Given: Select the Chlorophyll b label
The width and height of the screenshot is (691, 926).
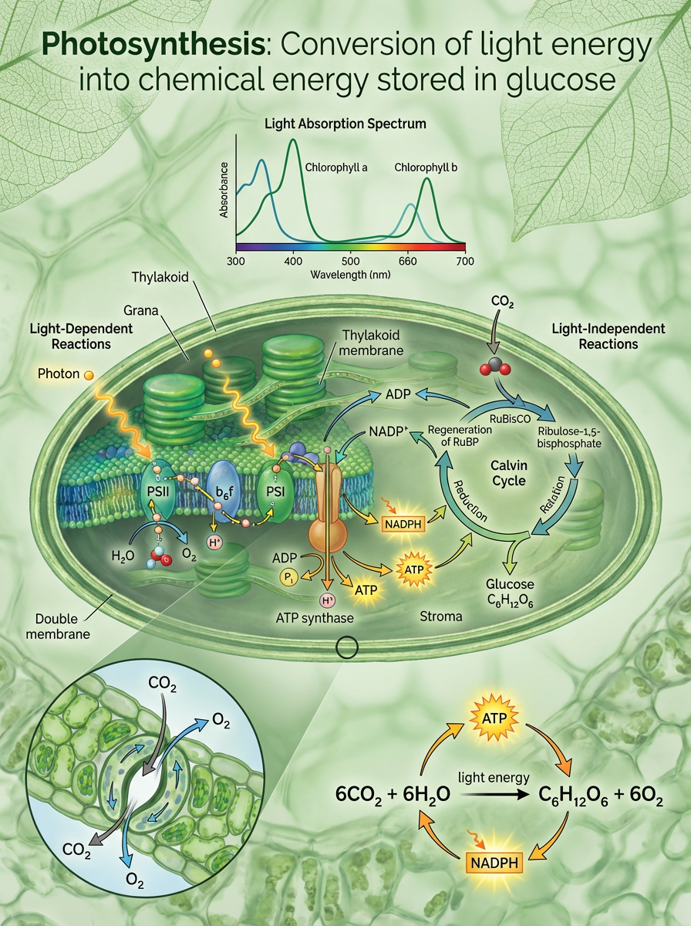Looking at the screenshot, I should click(x=426, y=167).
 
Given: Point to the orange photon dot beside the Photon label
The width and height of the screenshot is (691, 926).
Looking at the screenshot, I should click(x=89, y=375).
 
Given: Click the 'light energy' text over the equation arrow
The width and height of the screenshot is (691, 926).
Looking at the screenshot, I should click(x=494, y=777).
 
